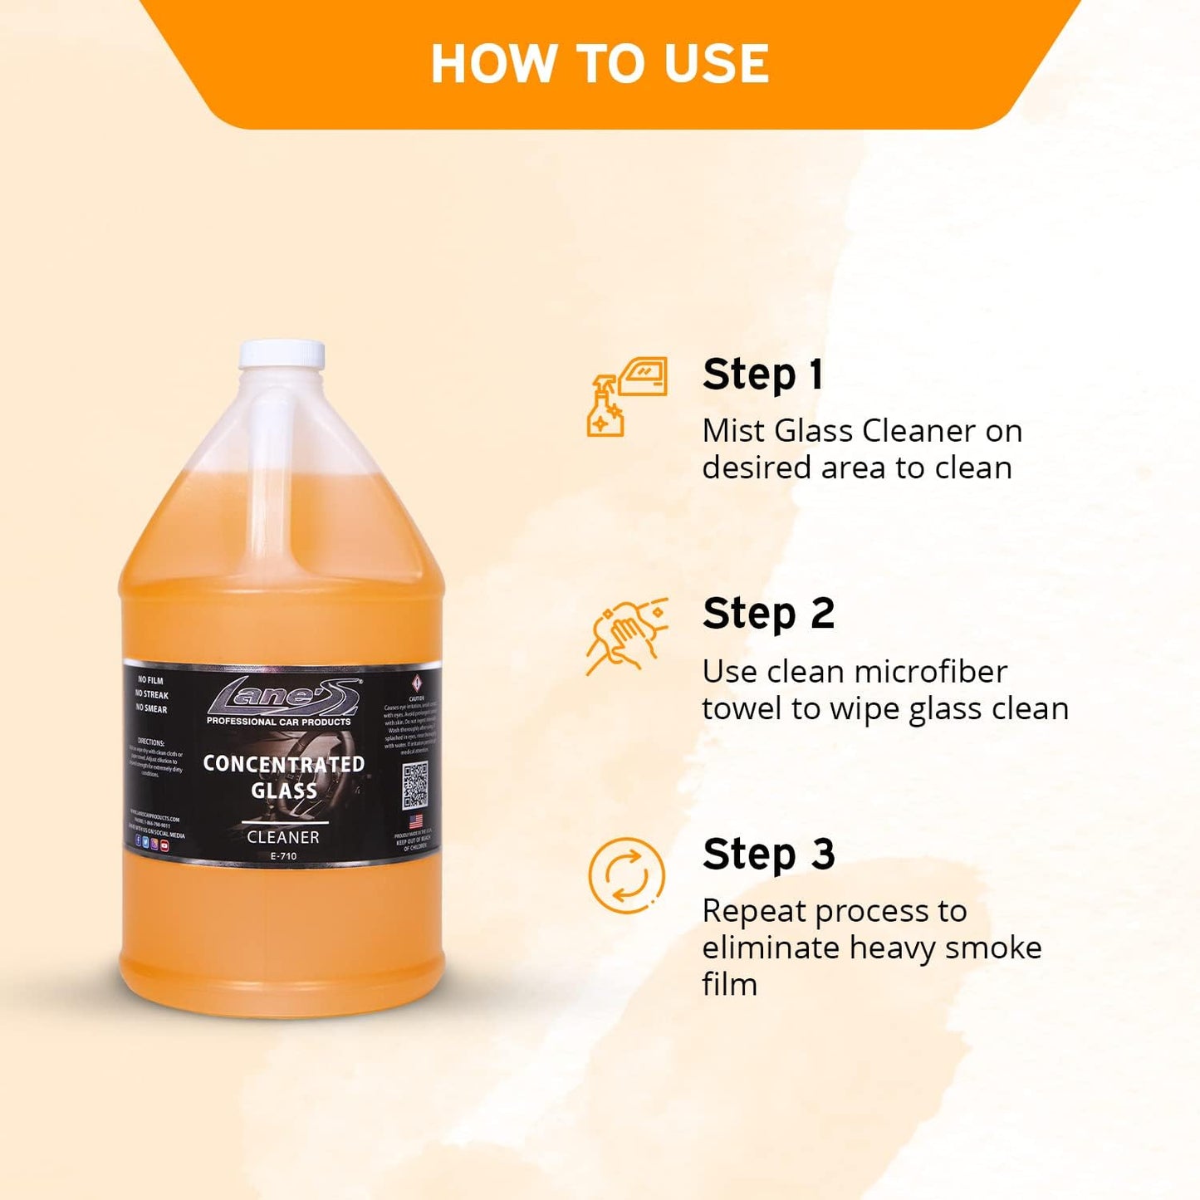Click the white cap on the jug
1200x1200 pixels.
click(282, 354)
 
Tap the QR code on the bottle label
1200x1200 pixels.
click(415, 785)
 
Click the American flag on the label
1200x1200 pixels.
click(416, 821)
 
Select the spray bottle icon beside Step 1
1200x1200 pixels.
click(606, 407)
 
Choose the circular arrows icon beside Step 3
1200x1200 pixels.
click(627, 876)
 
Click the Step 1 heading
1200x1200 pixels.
click(762, 375)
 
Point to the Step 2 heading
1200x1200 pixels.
click(768, 615)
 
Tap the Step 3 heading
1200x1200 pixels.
click(768, 855)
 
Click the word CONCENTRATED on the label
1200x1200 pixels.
click(284, 764)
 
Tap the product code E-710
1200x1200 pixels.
click(283, 856)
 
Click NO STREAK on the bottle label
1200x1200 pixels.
click(152, 694)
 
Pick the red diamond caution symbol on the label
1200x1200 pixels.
click(417, 683)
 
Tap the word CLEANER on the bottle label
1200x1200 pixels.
click(283, 837)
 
